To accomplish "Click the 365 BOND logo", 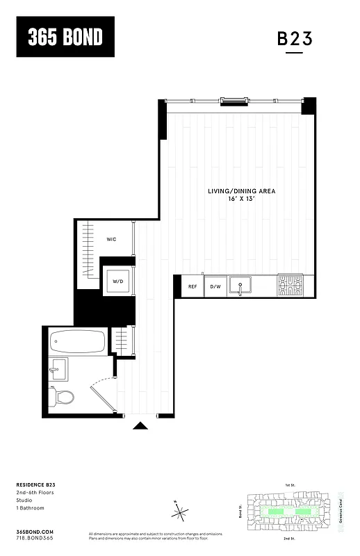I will (x=65, y=37).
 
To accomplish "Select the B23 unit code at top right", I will (x=295, y=39).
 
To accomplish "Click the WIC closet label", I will (x=111, y=239).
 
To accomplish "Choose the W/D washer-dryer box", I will (x=117, y=281).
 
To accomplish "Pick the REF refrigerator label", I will (x=193, y=286).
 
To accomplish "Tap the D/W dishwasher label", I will (x=215, y=286).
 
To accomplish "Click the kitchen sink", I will (x=240, y=285).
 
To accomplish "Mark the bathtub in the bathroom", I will (x=78, y=343).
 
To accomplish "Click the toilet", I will (x=63, y=397).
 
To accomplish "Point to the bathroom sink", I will (x=58, y=368).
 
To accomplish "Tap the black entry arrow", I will (x=140, y=425).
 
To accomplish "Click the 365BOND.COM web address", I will (x=34, y=531).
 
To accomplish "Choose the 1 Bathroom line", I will (x=28, y=507).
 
